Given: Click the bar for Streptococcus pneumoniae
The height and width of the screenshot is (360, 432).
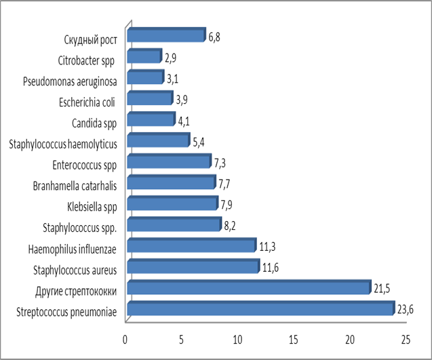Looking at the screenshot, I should point(260,310).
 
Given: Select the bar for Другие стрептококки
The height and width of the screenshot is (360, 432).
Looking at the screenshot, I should point(248,289).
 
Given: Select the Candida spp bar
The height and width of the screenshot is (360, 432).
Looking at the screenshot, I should point(151,120).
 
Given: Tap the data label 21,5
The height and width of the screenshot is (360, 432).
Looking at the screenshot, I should point(381,288).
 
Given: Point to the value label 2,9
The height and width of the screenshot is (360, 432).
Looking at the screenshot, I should point(171,58).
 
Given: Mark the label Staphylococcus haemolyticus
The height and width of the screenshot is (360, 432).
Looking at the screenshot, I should point(64,144).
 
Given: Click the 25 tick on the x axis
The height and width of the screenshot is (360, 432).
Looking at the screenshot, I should point(406,338).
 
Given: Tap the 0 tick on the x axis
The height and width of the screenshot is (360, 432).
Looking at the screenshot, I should point(125,338).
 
